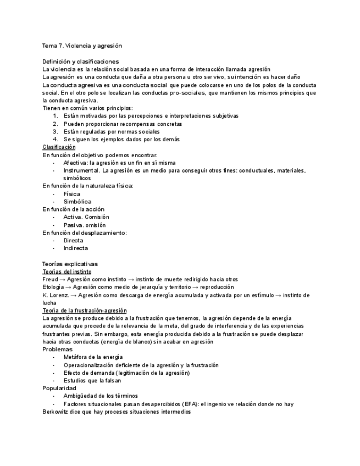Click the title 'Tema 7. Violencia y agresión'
pos(82,46)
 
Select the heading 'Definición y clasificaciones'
pos(80,62)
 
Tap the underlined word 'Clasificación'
pos(59,147)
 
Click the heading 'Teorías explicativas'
pos(70,264)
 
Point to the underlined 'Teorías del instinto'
pos(67,271)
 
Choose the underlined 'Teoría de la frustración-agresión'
pos(85,310)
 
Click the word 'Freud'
pos(51,279)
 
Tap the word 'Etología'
pos(54,287)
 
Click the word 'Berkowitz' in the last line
pos(57,412)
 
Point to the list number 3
pos(55,132)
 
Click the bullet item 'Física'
pos(71,194)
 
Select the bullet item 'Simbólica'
pos(77,202)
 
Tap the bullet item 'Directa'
pos(73,240)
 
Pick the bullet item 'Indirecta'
pos(75,248)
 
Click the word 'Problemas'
pos(57,349)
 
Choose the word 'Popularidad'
pos(59,388)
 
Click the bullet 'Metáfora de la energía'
pos(93,357)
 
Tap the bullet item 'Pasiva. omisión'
pos(85,225)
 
